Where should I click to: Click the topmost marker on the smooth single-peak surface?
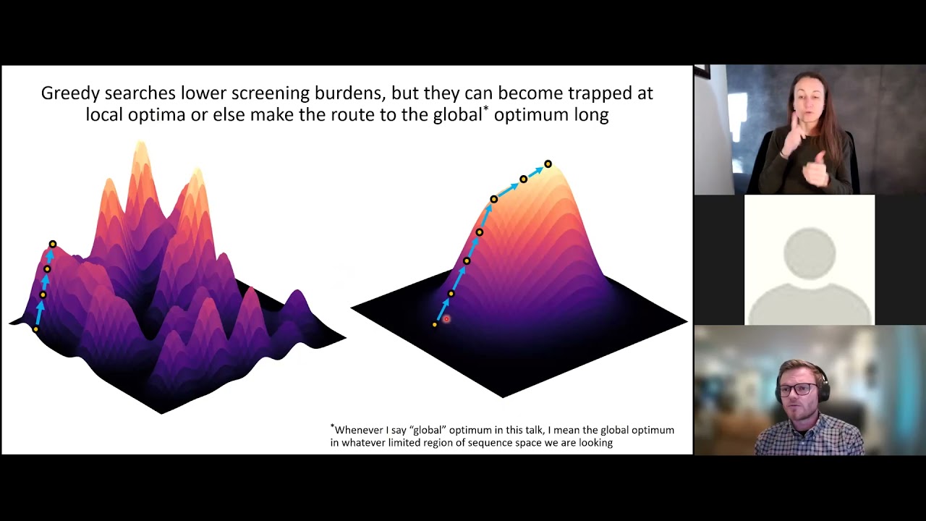(548, 164)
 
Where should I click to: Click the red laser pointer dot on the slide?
(446, 319)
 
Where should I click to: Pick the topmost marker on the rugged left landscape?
(52, 245)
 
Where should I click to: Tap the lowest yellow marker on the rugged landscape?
(35, 330)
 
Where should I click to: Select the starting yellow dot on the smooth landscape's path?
(434, 325)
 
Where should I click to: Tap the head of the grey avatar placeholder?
(810, 253)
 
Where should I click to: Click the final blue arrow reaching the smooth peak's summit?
(535, 171)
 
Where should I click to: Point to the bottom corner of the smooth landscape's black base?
(503, 397)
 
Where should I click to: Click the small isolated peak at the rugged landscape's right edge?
(297, 300)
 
